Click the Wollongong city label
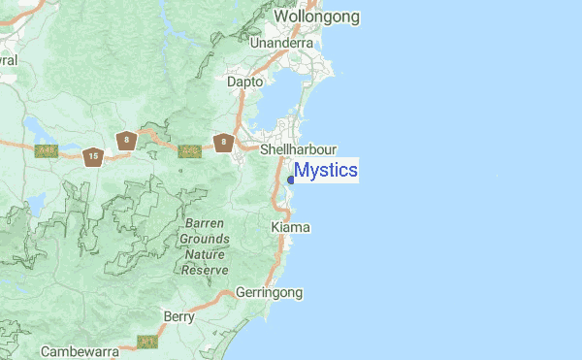316,16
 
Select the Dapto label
244,83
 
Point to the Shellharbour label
299,150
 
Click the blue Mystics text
326,172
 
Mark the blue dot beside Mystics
291,179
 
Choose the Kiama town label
290,227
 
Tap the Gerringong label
271,292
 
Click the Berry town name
179,316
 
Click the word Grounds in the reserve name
206,239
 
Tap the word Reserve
205,270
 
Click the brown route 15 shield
92,155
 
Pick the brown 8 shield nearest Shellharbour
224,144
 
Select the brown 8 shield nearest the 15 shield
124,141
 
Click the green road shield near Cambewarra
148,342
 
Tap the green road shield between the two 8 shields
189,150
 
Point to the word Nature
206,254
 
